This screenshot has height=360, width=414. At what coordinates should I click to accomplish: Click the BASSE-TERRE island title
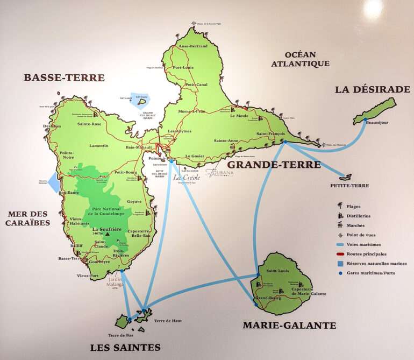[x=64, y=77]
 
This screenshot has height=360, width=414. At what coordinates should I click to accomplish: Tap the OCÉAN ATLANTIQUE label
[x=300, y=59]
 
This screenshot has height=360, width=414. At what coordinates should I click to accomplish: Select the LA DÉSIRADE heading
[x=373, y=89]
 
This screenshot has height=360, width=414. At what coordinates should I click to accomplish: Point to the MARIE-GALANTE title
[x=289, y=325]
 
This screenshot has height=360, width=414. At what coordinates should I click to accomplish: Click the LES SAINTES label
[x=125, y=347]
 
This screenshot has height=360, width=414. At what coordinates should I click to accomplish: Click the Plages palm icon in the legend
[x=340, y=206]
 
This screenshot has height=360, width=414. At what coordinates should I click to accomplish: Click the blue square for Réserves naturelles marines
[x=340, y=264]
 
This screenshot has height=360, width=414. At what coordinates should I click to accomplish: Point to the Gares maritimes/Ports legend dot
[x=340, y=273]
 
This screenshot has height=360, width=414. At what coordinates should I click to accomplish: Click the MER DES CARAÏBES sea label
[x=28, y=218]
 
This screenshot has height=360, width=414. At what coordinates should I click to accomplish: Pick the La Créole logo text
[x=187, y=177]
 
